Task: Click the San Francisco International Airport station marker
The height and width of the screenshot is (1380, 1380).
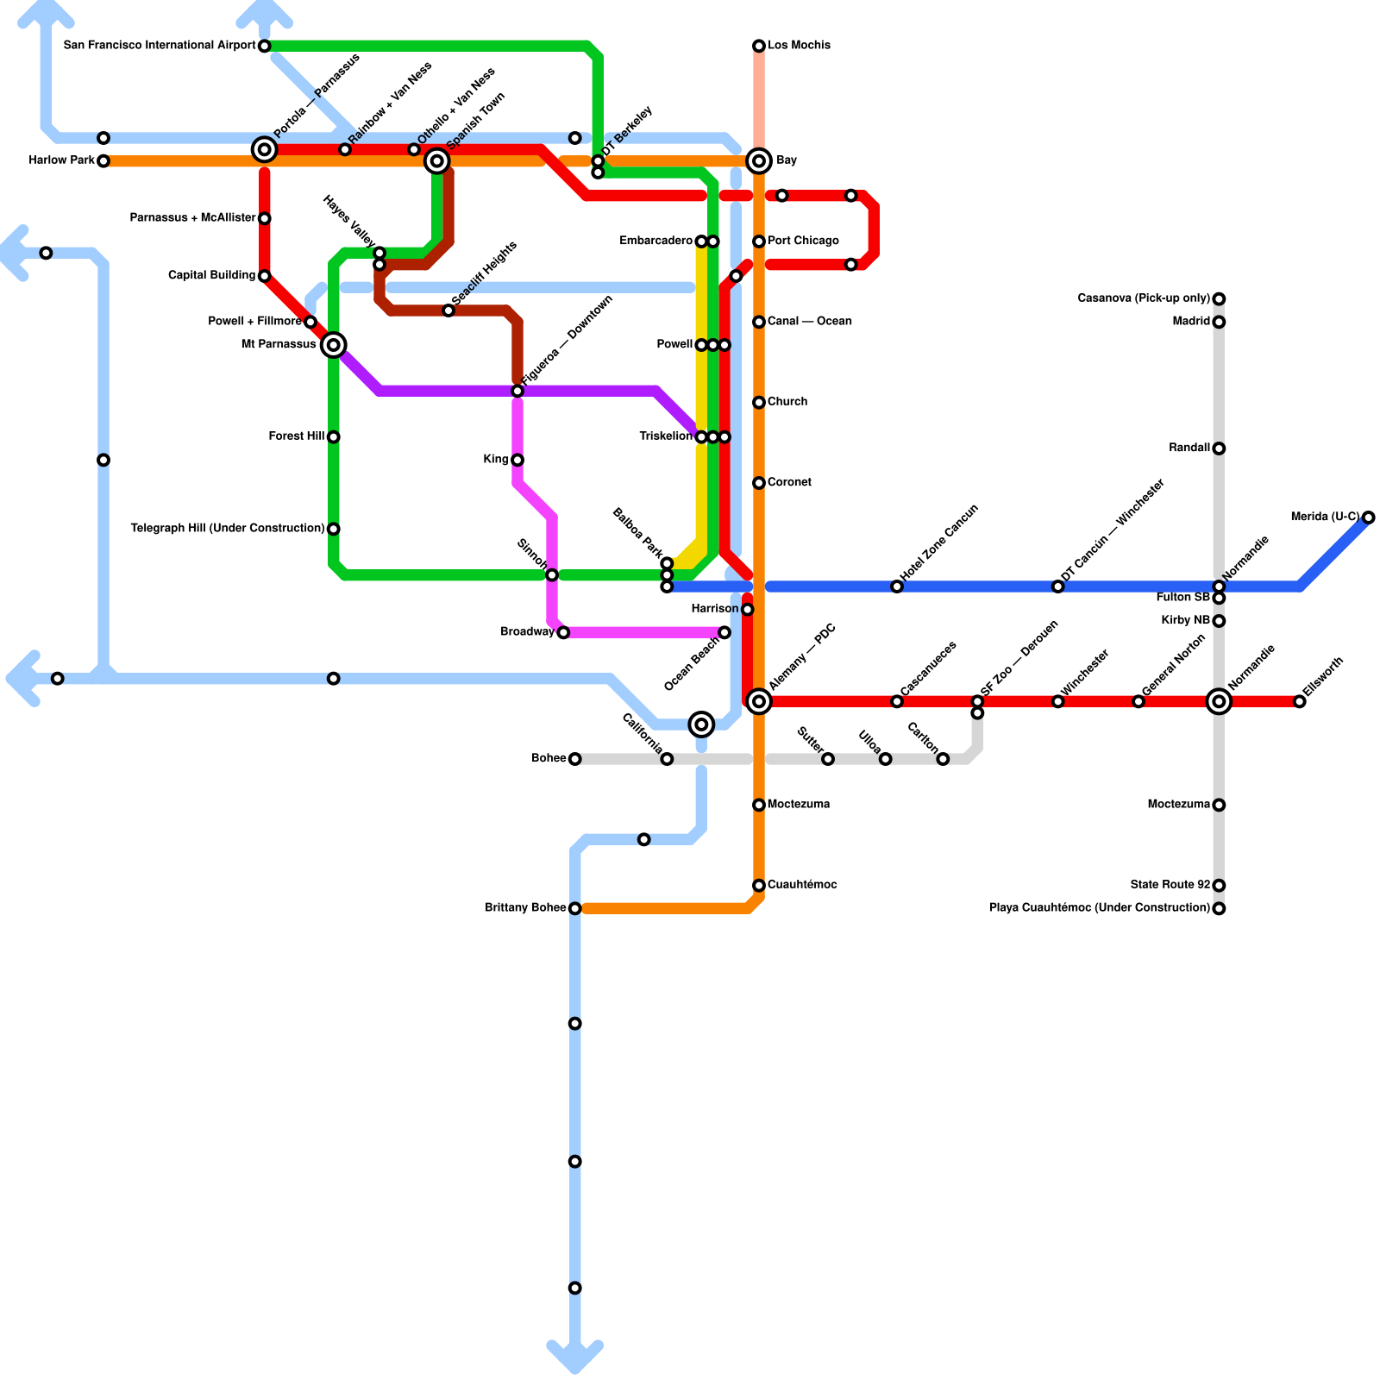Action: (265, 46)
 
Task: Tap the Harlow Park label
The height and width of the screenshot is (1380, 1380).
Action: (61, 160)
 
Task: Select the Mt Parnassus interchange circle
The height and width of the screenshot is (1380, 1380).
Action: (334, 345)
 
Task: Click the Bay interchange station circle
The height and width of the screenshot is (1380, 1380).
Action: (759, 160)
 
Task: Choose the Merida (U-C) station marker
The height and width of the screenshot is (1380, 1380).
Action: (1369, 517)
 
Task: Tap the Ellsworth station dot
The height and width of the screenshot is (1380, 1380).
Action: (1300, 701)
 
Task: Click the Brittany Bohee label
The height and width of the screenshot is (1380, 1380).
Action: (525, 908)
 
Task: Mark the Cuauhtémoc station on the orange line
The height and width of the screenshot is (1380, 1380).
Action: (759, 885)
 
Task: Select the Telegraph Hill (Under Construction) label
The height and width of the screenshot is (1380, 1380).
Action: (227, 528)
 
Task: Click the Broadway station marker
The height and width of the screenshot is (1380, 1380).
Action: (563, 633)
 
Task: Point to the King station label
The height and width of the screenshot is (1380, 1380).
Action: (496, 460)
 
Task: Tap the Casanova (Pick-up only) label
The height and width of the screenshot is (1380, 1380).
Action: (1144, 298)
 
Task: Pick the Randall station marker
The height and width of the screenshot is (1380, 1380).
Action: (1219, 448)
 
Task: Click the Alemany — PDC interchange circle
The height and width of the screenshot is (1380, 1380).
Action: (759, 701)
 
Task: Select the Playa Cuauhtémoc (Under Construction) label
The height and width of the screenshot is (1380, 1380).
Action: (1099, 908)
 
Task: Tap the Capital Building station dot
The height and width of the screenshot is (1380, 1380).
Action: (265, 276)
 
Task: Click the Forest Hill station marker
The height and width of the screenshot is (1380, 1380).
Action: (334, 437)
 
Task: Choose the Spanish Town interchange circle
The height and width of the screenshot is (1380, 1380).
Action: (437, 160)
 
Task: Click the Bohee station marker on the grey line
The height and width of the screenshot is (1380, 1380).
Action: (575, 759)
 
